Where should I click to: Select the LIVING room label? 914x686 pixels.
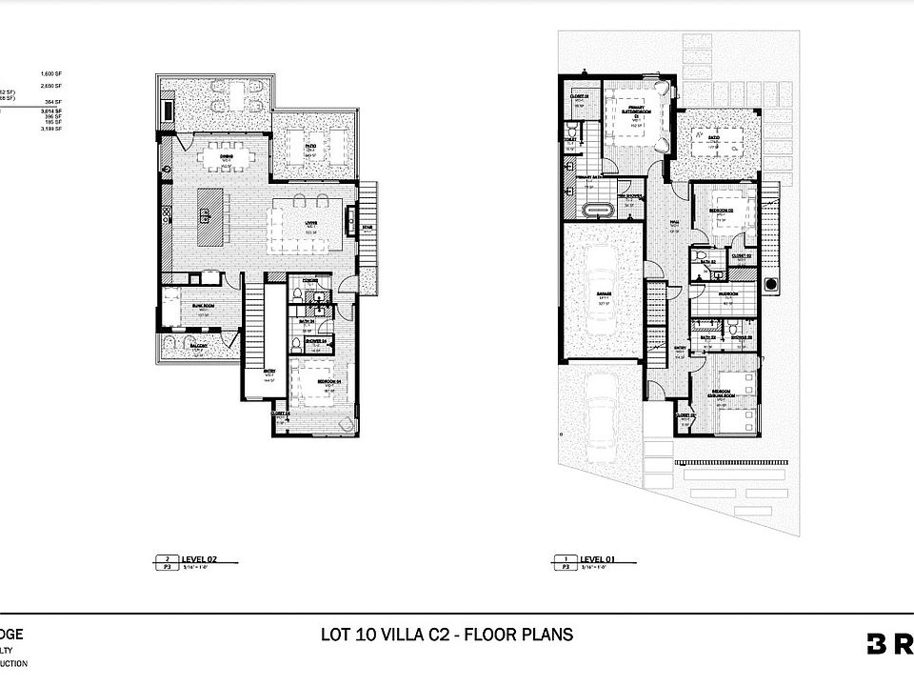tap(309, 224)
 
